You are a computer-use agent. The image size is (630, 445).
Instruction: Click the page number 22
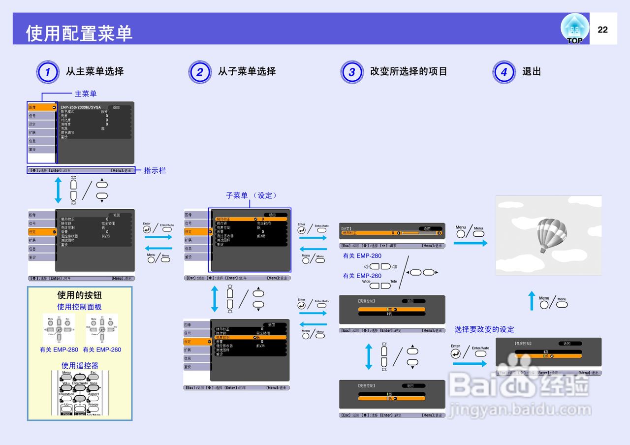point(602,30)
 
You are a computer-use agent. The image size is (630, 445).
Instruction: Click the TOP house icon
point(574,29)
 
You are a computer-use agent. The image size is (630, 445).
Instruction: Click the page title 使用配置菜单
point(79,33)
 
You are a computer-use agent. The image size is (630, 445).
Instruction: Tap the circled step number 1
point(48,72)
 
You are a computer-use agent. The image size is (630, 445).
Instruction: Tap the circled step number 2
point(200,72)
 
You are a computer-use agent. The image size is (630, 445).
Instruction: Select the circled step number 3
point(352,72)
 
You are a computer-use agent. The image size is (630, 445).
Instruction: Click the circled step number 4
point(504,72)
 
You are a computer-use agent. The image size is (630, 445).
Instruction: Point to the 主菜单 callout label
point(86,94)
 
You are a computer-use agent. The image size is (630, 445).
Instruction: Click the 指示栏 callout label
point(155,170)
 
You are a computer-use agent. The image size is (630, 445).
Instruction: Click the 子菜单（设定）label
point(252,195)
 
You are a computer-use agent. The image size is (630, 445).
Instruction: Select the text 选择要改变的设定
point(484,329)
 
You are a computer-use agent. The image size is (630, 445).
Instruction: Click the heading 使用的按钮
point(80,295)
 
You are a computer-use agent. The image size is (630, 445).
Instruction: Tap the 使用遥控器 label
point(80,365)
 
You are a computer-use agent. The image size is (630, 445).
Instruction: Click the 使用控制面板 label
point(80,307)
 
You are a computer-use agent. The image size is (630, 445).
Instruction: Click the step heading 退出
point(532,71)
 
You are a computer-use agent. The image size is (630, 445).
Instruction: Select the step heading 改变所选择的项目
point(409,71)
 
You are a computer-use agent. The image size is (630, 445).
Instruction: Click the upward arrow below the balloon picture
point(532,301)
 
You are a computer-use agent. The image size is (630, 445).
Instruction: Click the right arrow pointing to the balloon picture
point(471,243)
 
